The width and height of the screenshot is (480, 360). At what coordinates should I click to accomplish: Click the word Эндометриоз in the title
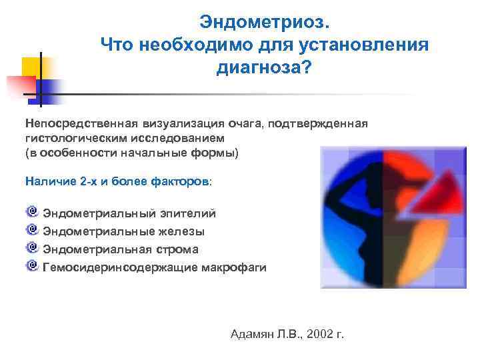point(263,24)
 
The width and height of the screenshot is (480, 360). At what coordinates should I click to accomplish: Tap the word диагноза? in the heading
point(263,69)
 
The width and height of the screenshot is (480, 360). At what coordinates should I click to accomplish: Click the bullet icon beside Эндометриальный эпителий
point(32,212)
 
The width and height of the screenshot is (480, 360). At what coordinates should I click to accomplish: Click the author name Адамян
point(252,333)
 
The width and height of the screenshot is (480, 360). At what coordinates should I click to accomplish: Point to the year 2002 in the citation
point(317,333)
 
